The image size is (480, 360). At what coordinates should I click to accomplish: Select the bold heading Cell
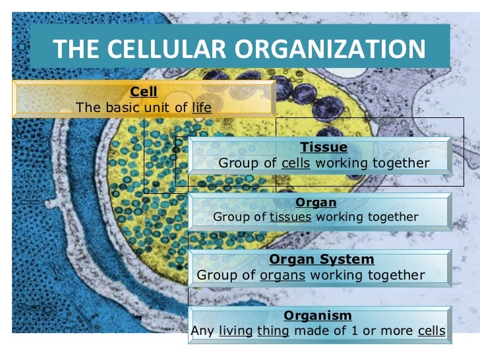[144, 92]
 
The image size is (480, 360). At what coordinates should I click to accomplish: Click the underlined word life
[202, 107]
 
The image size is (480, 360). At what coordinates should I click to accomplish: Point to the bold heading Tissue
[324, 147]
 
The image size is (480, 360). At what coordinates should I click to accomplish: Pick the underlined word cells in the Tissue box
[295, 163]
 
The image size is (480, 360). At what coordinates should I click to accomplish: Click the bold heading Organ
[316, 202]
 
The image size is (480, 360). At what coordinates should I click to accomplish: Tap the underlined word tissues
[290, 217]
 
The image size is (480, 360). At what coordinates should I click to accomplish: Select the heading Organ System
[322, 260]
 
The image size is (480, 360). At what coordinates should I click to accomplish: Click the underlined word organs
[283, 275]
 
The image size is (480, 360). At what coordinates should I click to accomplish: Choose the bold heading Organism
[318, 316]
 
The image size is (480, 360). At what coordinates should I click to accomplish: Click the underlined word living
[236, 331]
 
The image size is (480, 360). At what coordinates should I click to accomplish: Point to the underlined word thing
[274, 331]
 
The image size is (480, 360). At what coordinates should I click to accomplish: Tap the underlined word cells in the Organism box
[432, 331]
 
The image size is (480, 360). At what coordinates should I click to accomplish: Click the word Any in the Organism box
[202, 331]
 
